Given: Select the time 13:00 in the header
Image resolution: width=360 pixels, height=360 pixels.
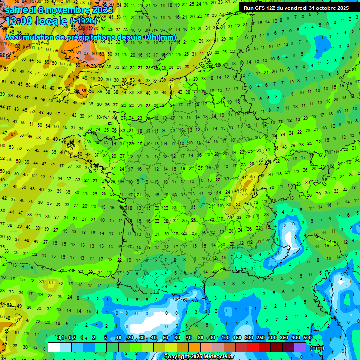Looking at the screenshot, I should (19, 21).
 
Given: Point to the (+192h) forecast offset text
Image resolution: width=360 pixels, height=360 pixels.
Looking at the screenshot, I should (83, 21).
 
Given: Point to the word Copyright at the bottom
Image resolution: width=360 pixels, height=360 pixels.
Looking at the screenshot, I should (177, 357).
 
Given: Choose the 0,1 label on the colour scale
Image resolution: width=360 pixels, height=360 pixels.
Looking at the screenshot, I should (60, 338).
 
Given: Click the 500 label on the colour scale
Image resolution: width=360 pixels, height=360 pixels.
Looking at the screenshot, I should (307, 338).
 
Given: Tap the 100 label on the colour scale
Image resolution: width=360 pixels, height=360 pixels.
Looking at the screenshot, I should (225, 338).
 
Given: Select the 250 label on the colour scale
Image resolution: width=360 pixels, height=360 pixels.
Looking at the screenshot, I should (260, 338).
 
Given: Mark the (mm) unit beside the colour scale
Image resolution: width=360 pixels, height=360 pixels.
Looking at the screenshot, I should (317, 348).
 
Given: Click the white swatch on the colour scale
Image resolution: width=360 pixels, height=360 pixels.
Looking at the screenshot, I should (54, 347).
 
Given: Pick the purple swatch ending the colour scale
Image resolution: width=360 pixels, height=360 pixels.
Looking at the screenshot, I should (300, 347).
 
